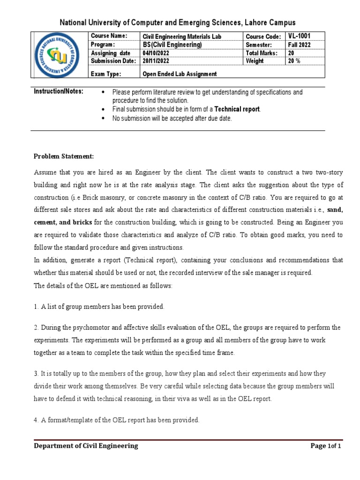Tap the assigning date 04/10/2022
point(156,53)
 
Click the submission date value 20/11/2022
point(156,61)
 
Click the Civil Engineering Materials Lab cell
point(182,37)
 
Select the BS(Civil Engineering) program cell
point(172,45)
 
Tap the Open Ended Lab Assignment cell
point(180,74)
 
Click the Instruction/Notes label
point(59,92)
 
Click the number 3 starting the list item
point(36,373)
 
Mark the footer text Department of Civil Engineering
point(86,446)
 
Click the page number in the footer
point(326,446)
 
